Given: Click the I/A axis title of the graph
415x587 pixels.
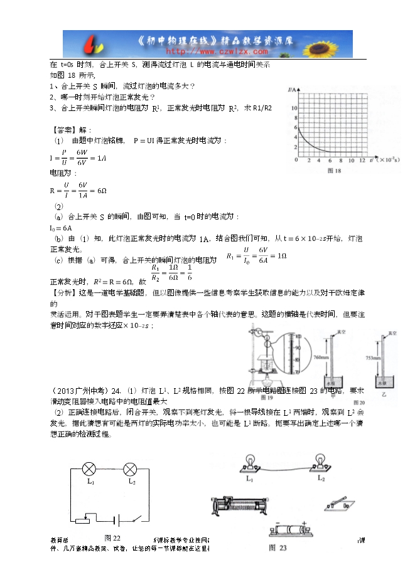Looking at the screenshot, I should (292, 90).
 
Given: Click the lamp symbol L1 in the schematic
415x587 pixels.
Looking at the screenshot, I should (90, 468).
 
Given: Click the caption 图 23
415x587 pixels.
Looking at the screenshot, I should (278, 547).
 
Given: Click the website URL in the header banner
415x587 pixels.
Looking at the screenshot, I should (212, 51).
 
